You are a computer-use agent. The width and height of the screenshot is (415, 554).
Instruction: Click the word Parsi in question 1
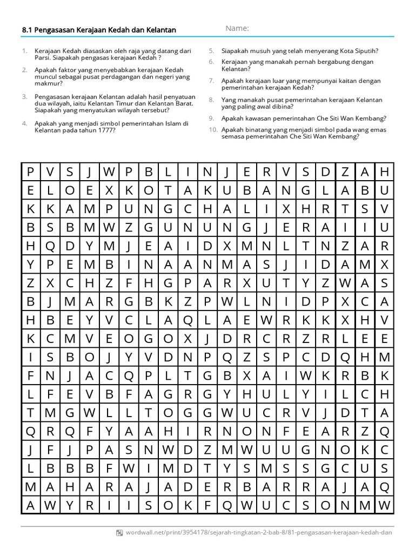pos(43,58)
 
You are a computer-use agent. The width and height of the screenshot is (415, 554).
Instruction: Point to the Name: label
pos(237,29)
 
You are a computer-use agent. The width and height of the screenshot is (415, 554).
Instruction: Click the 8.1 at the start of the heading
pos(26,30)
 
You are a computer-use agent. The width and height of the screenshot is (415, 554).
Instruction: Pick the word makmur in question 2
pos(46,84)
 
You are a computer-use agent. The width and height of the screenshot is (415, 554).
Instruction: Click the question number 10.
pos(212,130)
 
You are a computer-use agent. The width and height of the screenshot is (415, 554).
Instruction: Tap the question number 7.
pos(211,80)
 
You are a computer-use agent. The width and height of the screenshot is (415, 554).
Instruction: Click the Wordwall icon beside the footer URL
pos(119,532)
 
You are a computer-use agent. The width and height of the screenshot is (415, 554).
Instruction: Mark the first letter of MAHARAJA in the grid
pos(30,486)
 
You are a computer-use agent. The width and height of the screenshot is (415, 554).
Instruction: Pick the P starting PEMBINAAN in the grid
pos(50,265)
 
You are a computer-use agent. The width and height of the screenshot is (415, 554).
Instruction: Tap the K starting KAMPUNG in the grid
pos(50,208)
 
